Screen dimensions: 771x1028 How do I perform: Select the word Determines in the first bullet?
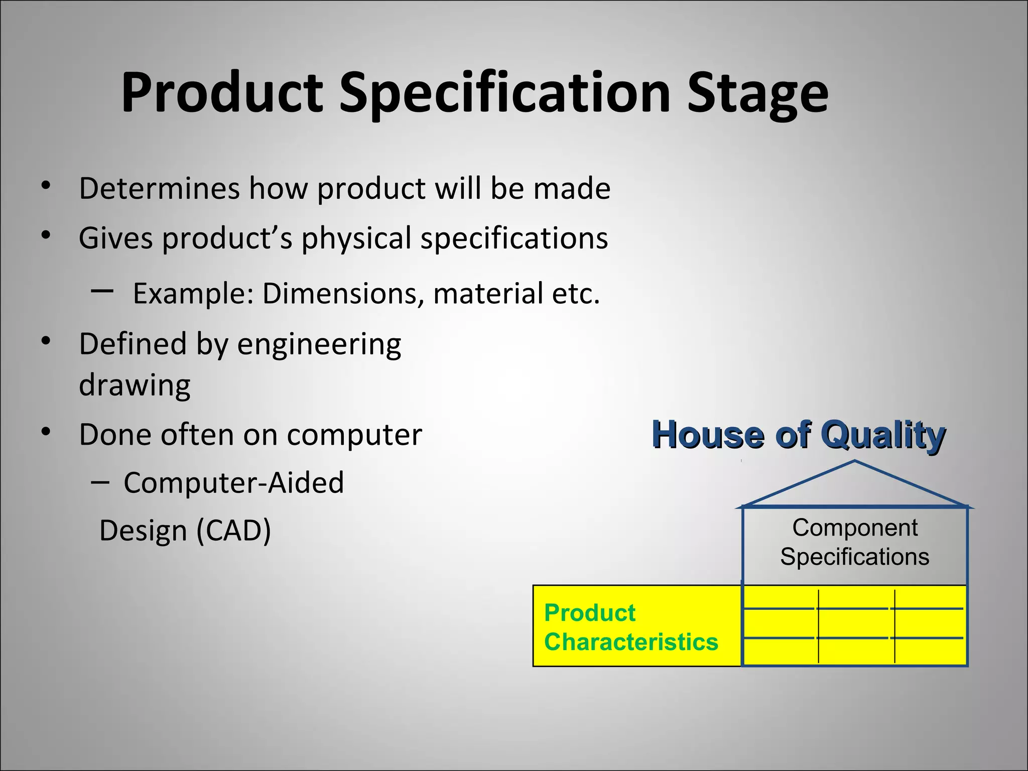tap(159, 188)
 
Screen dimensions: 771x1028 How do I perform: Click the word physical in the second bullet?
tap(356, 238)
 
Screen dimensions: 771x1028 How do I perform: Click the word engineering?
tap(319, 345)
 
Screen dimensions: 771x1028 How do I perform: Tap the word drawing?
tap(135, 385)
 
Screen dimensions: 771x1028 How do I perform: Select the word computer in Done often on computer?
tap(354, 435)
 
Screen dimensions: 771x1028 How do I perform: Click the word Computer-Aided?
tap(233, 483)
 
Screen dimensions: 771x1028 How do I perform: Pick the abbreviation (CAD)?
tap(233, 531)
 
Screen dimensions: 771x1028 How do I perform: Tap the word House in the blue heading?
tap(707, 435)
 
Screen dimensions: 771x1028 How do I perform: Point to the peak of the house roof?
tap(855, 461)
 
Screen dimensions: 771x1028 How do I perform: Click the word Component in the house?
tap(855, 528)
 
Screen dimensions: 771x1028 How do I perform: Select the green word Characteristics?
tap(631, 642)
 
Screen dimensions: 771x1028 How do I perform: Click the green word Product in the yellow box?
tap(590, 613)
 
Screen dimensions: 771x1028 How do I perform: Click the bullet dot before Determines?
tap(46, 186)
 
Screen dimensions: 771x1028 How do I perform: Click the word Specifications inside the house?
tap(855, 557)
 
